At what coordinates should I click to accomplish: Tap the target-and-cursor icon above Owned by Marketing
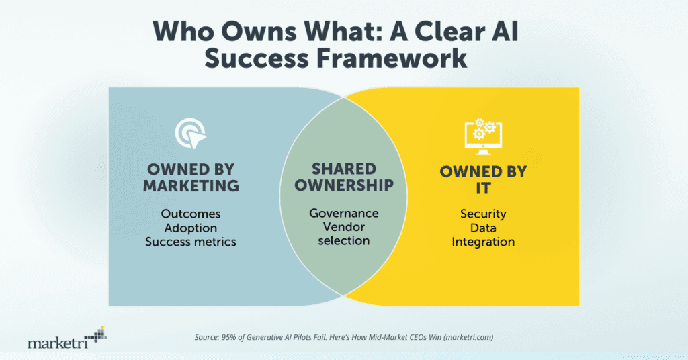pyautogui.click(x=190, y=133)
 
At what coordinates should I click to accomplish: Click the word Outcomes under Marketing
pyautogui.click(x=191, y=214)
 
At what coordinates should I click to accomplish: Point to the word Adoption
pyautogui.click(x=191, y=228)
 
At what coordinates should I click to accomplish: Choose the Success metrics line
pyautogui.click(x=191, y=242)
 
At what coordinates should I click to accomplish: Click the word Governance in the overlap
pyautogui.click(x=344, y=213)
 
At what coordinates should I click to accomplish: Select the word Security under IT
pyautogui.click(x=483, y=214)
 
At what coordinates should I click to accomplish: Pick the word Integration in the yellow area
pyautogui.click(x=483, y=242)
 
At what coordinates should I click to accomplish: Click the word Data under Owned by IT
pyautogui.click(x=483, y=228)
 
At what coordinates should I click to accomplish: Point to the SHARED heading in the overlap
pyautogui.click(x=344, y=168)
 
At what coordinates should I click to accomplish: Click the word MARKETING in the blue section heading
pyautogui.click(x=191, y=185)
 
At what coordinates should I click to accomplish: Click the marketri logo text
pyautogui.click(x=56, y=343)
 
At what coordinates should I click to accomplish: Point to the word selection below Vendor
pyautogui.click(x=344, y=241)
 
